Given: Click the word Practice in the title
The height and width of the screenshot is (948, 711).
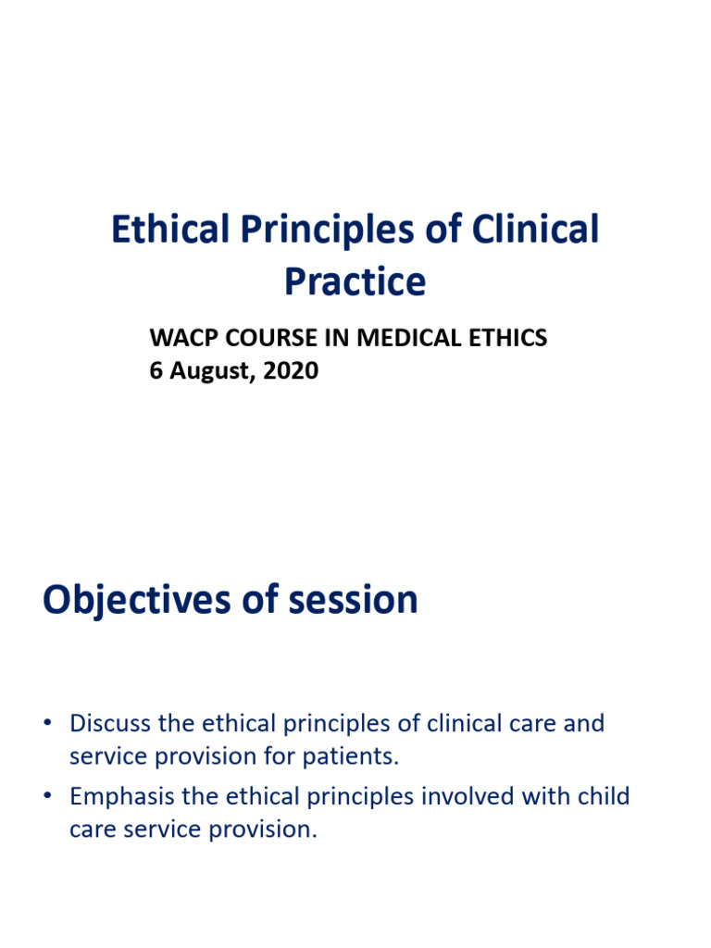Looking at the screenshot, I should (355, 281).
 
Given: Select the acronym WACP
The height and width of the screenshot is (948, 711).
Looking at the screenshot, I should (179, 339).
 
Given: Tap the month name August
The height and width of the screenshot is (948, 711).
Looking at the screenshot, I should (206, 371).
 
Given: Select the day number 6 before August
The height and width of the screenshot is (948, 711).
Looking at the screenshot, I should (156, 371).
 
